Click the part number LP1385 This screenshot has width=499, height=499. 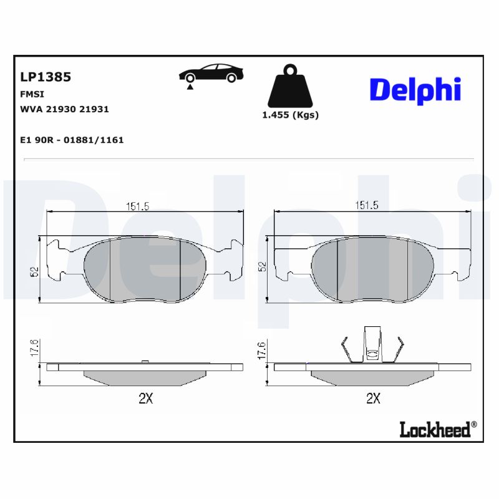(46, 77)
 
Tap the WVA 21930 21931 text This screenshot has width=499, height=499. (65, 109)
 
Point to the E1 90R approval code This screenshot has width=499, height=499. (72, 140)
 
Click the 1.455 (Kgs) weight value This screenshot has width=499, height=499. (290, 115)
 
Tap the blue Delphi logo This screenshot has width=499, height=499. (415, 90)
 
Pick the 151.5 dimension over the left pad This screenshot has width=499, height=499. (138, 206)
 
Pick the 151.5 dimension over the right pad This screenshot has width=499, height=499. (367, 206)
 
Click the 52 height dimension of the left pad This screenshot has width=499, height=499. (35, 271)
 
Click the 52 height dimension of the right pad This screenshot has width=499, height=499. (263, 266)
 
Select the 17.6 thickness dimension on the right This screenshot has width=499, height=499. (262, 349)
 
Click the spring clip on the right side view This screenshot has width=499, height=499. (372, 346)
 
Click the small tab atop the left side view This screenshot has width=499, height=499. (145, 361)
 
